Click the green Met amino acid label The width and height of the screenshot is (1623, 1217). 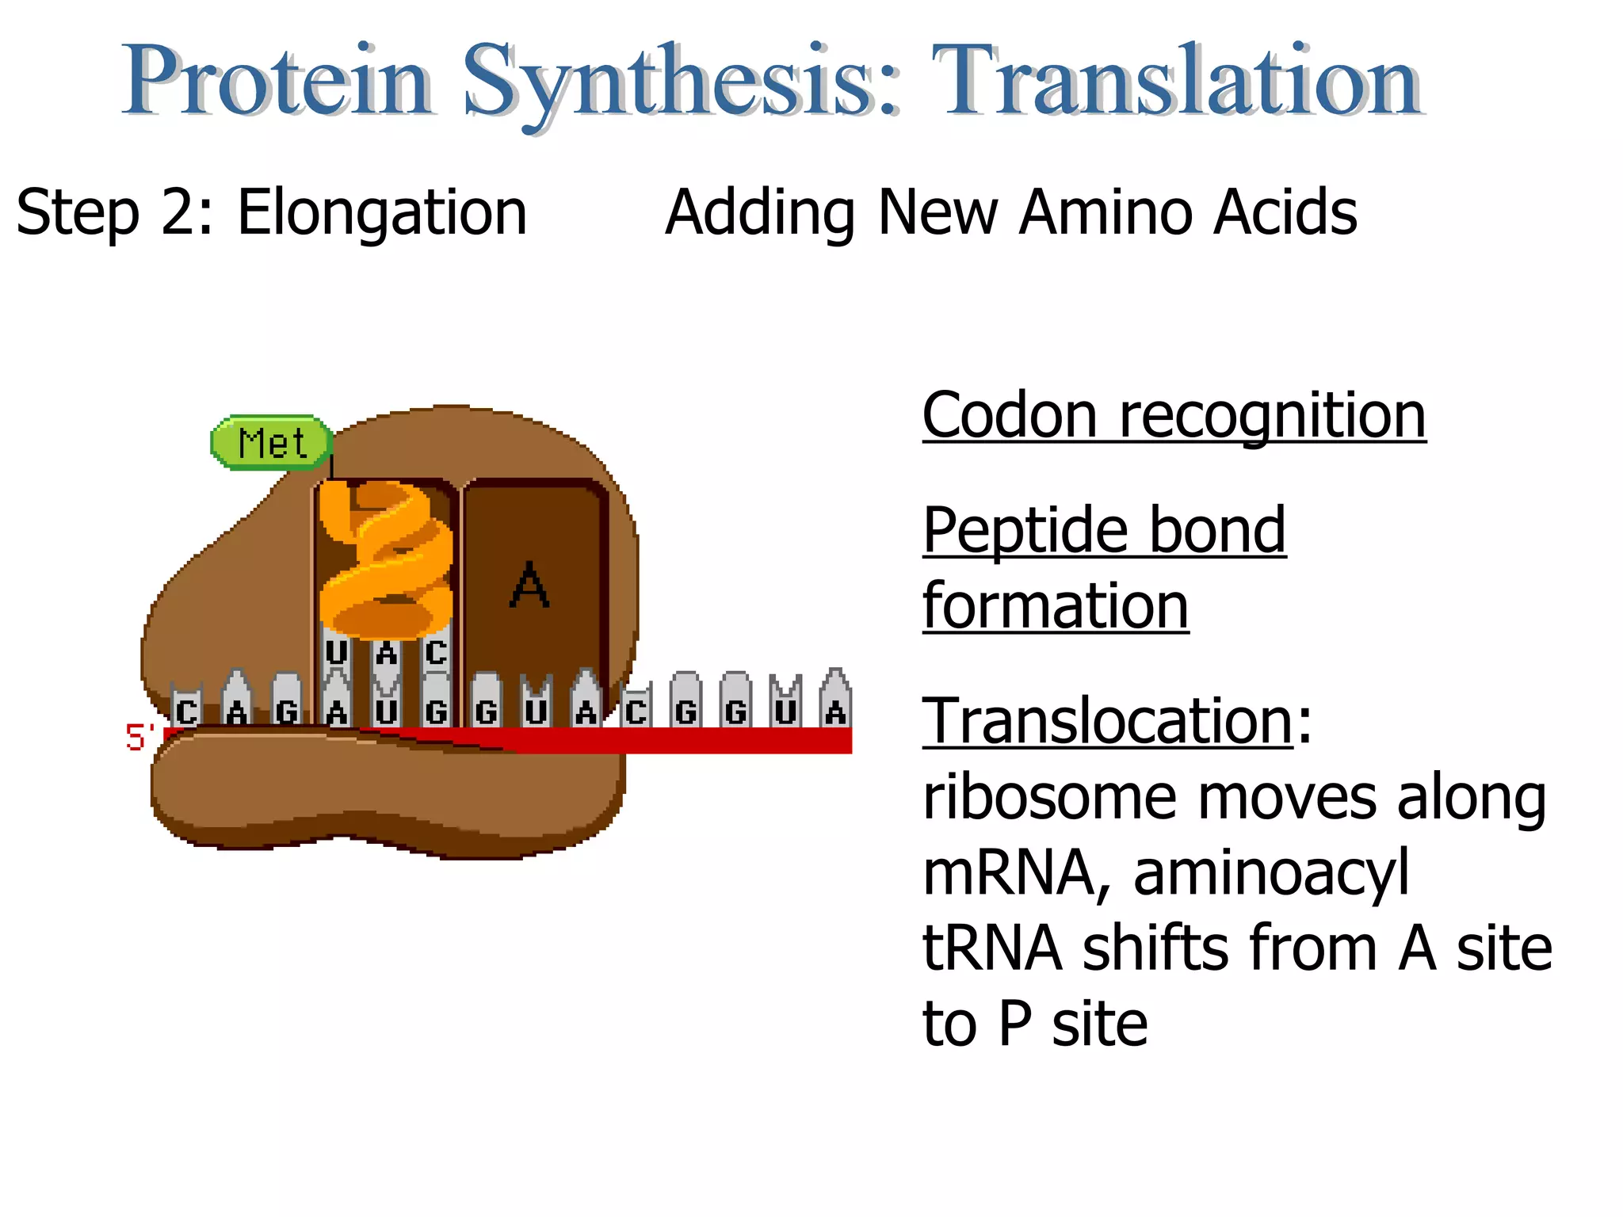[271, 442]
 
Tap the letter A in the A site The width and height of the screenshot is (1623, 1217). [529, 586]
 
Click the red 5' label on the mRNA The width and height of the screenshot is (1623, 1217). [139, 738]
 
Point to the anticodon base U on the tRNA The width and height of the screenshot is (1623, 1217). [336, 652]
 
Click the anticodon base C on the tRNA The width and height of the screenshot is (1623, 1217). [436, 652]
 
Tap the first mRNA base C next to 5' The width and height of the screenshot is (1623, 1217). [187, 711]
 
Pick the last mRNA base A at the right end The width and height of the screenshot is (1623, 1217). [835, 711]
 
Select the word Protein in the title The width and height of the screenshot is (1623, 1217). [277, 81]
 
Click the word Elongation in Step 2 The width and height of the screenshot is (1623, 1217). [382, 212]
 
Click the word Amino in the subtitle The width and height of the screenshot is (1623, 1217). [1107, 212]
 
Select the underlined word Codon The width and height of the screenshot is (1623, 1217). [1010, 415]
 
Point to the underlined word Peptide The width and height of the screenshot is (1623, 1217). [1025, 530]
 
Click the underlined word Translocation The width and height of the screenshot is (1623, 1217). [1108, 720]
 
